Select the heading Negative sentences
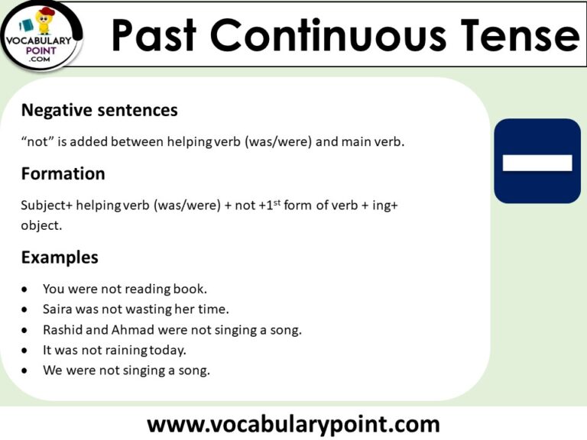tap(99, 110)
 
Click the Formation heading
tap(63, 173)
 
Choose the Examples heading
tap(60, 257)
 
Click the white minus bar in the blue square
tap(537, 162)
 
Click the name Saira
tap(58, 309)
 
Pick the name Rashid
tap(63, 330)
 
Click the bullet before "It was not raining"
tap(26, 351)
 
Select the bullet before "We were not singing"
tap(26, 371)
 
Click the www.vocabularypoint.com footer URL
tap(293, 422)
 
